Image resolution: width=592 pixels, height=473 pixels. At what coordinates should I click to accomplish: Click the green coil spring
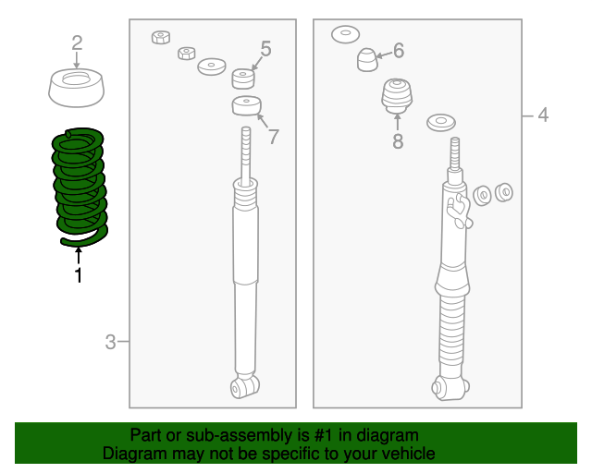[80, 184]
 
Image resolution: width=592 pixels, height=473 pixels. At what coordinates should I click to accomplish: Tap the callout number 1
[79, 274]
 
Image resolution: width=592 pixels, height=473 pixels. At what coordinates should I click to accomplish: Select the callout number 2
[77, 42]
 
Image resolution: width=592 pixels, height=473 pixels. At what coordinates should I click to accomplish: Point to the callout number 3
[110, 343]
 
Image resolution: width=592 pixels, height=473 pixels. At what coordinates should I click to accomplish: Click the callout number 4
[543, 115]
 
